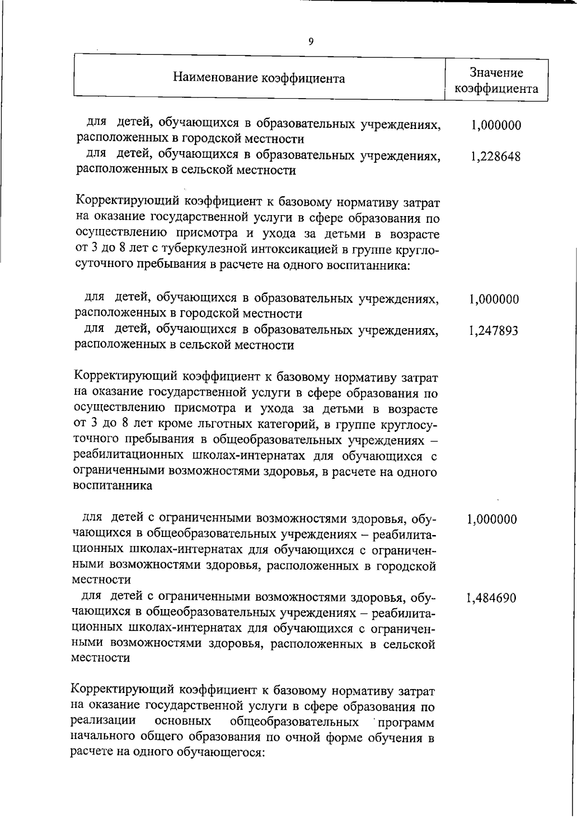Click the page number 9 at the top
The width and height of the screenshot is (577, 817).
click(x=311, y=41)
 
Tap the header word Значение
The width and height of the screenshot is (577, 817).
click(x=496, y=73)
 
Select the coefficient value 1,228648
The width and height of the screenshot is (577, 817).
click(x=496, y=157)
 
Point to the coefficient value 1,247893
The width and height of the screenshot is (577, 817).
click(x=493, y=331)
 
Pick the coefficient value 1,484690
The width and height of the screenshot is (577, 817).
click(x=491, y=598)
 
